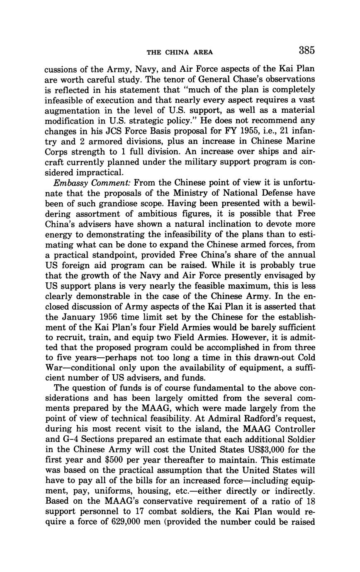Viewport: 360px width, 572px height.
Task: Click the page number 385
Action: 306,51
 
